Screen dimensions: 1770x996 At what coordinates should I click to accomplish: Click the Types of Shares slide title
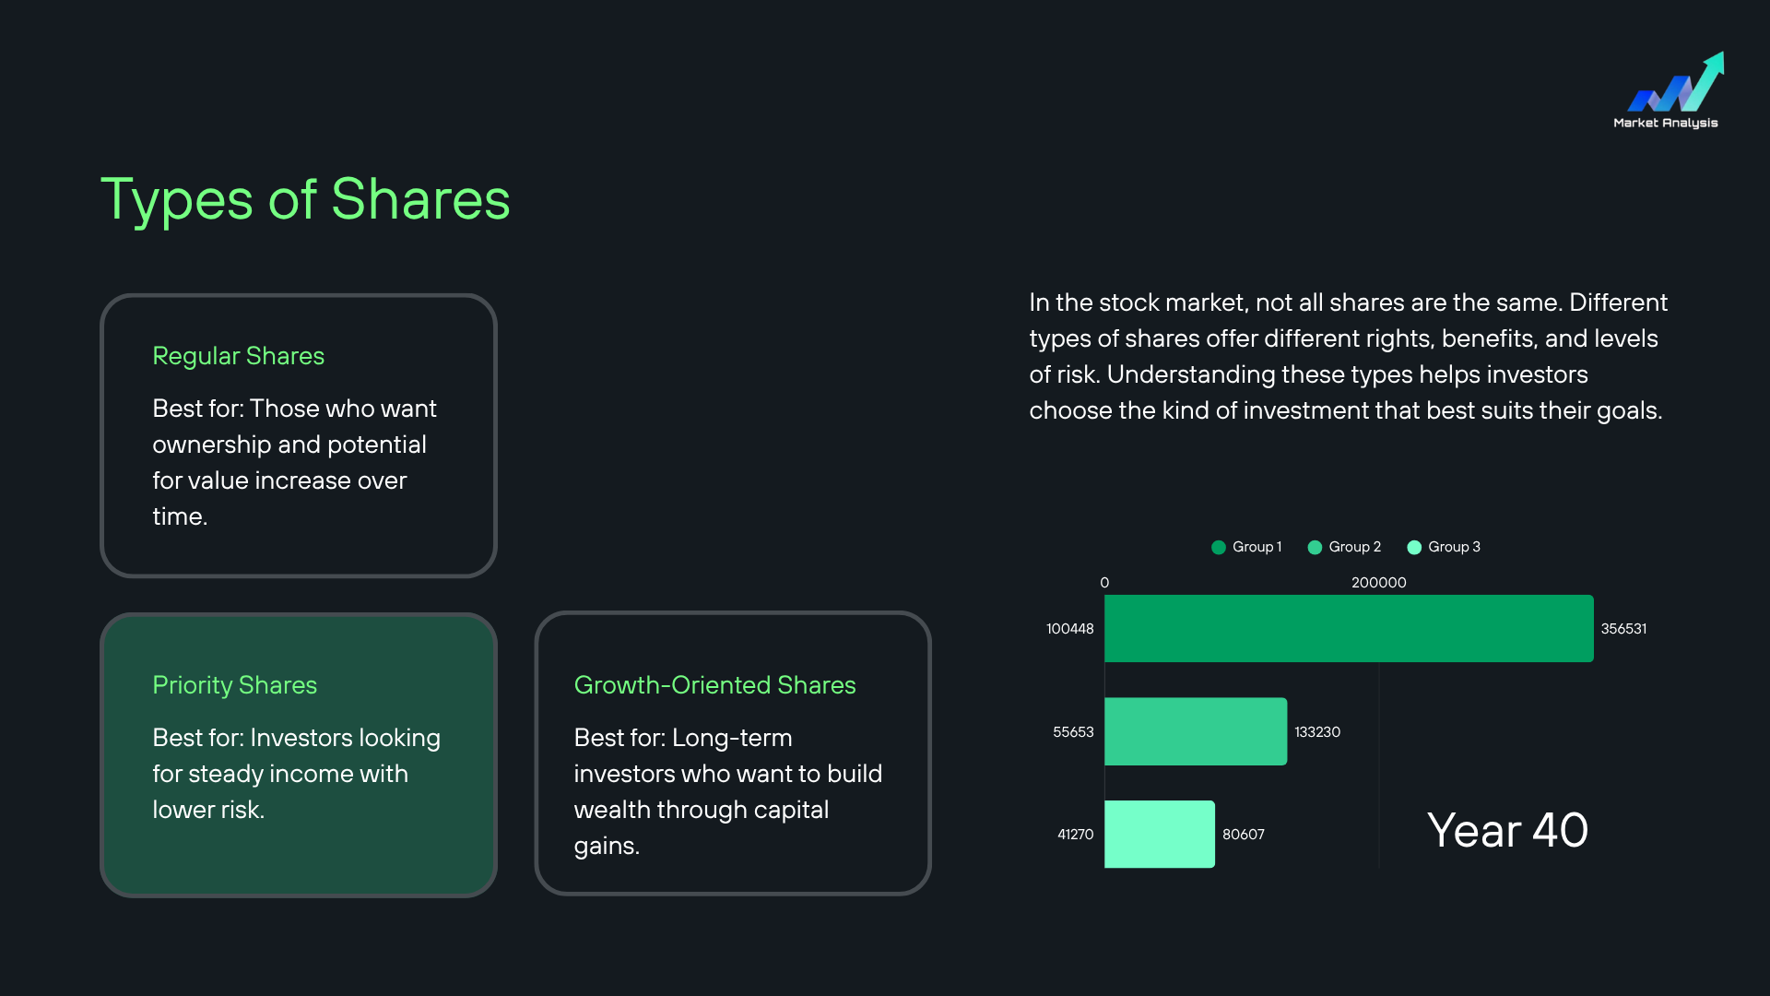[x=305, y=199]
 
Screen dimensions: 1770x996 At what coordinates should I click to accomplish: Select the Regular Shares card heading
[x=239, y=356]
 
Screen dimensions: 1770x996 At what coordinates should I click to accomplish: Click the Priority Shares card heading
[x=235, y=685]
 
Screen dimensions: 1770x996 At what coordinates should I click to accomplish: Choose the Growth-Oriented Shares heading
[x=715, y=685]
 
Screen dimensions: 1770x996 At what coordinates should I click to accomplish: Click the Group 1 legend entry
[x=1246, y=547]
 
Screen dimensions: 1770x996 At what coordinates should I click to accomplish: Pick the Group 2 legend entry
[x=1344, y=547]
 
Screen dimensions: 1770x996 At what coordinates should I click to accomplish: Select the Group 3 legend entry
[x=1444, y=547]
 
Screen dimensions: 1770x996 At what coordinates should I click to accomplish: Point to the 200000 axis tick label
[x=1379, y=583]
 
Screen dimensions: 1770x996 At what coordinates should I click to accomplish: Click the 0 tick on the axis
[x=1104, y=583]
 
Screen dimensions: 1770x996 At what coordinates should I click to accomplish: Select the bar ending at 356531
[x=1349, y=628]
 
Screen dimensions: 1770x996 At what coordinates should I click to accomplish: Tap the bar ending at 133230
[x=1196, y=731]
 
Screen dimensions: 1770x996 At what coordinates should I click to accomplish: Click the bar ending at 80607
[x=1160, y=835]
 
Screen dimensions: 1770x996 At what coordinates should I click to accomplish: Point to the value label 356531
[x=1623, y=629]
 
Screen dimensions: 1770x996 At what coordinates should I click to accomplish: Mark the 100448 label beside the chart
[x=1070, y=629]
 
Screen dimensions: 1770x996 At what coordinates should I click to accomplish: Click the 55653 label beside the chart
[x=1073, y=732]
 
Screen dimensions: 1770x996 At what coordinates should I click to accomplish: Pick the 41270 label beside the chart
[x=1076, y=835]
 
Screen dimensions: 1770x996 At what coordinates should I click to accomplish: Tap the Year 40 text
[x=1507, y=830]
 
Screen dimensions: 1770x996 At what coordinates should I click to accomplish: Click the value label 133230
[x=1317, y=732]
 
